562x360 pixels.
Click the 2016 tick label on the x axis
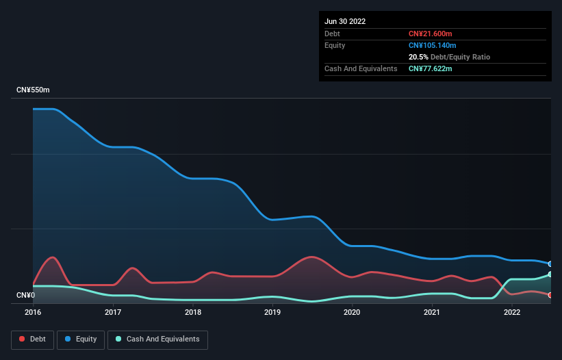tap(33, 312)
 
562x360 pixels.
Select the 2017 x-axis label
tap(113, 312)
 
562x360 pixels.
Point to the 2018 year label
tap(193, 312)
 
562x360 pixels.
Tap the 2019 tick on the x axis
tap(272, 312)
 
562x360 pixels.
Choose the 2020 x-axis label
tap(352, 312)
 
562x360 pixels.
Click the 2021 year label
tap(432, 312)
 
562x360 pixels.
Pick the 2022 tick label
tap(511, 312)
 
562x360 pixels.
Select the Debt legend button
tap(32, 339)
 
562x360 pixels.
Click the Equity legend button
tap(81, 339)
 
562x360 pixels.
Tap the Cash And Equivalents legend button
tap(157, 339)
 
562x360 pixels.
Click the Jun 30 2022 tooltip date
tap(345, 21)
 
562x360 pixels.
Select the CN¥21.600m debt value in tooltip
tap(430, 34)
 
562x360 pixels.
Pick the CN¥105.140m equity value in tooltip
tap(432, 45)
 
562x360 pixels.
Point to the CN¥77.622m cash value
tap(430, 68)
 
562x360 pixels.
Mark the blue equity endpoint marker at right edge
tap(550, 263)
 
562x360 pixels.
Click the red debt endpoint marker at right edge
tap(550, 295)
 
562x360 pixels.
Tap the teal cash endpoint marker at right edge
tap(550, 274)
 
